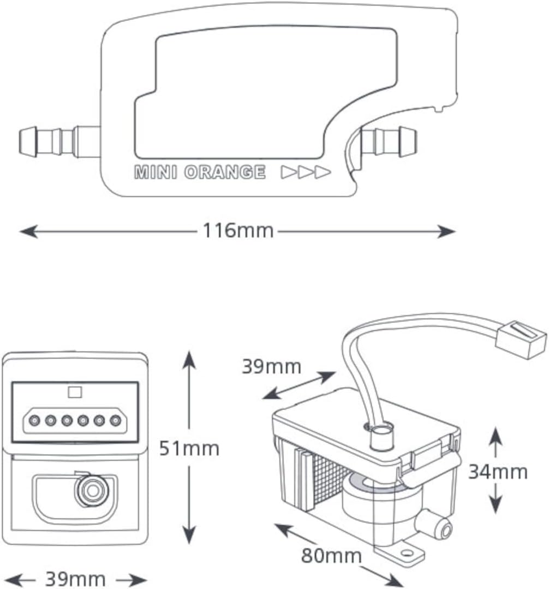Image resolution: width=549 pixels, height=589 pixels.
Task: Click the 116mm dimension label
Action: tap(238, 231)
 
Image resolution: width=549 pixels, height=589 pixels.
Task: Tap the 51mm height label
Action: tap(189, 448)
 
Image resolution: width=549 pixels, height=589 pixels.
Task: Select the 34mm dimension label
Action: tap(498, 472)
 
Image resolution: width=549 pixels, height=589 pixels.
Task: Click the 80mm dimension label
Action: tap(331, 556)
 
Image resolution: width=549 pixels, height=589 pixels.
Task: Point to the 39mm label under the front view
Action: tap(75, 579)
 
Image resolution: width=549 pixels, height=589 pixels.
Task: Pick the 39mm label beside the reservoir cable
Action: tap(271, 366)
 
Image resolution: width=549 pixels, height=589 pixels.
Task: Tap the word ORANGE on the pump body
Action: tap(224, 172)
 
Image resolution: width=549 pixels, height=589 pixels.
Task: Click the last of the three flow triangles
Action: tap(323, 172)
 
